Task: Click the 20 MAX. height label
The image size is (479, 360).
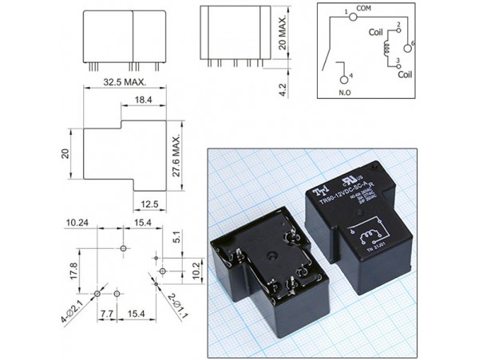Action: click(x=283, y=34)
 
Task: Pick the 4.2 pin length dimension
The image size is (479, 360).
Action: click(x=283, y=85)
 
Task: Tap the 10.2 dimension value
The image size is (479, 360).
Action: click(x=196, y=266)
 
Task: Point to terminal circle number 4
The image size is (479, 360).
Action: click(x=345, y=78)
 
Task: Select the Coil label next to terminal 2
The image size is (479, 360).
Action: click(x=377, y=34)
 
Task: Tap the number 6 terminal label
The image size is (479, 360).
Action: click(x=413, y=44)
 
